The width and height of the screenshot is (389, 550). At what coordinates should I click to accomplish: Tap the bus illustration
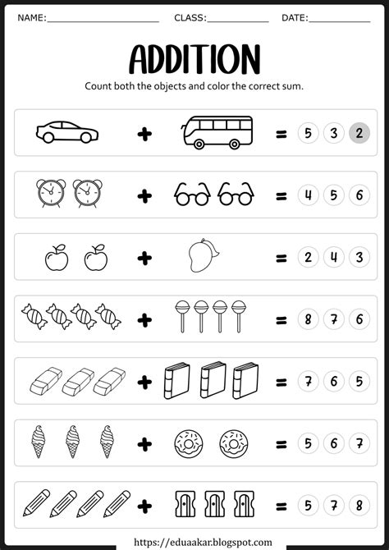tap(216, 131)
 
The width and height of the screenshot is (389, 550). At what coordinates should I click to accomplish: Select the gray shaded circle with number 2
tap(358, 133)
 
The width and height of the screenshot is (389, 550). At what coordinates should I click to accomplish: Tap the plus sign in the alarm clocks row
tap(145, 195)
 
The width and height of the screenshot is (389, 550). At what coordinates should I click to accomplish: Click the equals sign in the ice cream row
tap(281, 443)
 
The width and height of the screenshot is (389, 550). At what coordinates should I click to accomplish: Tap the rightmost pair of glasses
tap(236, 195)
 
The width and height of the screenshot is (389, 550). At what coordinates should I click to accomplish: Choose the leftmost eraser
tap(44, 381)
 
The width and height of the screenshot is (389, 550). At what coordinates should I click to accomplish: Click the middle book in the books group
tap(213, 381)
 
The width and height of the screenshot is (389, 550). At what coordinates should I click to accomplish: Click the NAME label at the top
tap(30, 17)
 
